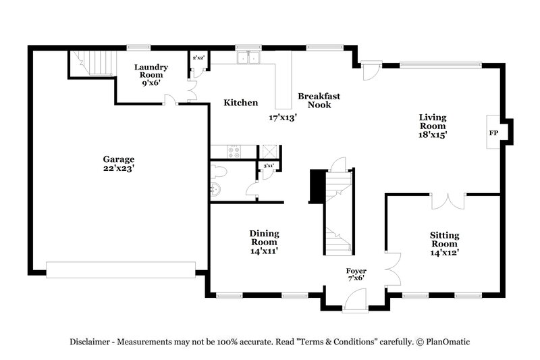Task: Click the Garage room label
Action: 118,159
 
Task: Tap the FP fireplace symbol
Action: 493,133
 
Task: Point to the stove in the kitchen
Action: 234,152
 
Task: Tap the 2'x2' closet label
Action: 198,59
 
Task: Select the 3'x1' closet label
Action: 268,165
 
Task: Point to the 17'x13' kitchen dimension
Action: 283,118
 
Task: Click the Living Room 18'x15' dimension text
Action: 433,134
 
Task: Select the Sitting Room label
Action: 444,239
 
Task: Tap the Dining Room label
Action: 265,238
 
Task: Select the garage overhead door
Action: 121,269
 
